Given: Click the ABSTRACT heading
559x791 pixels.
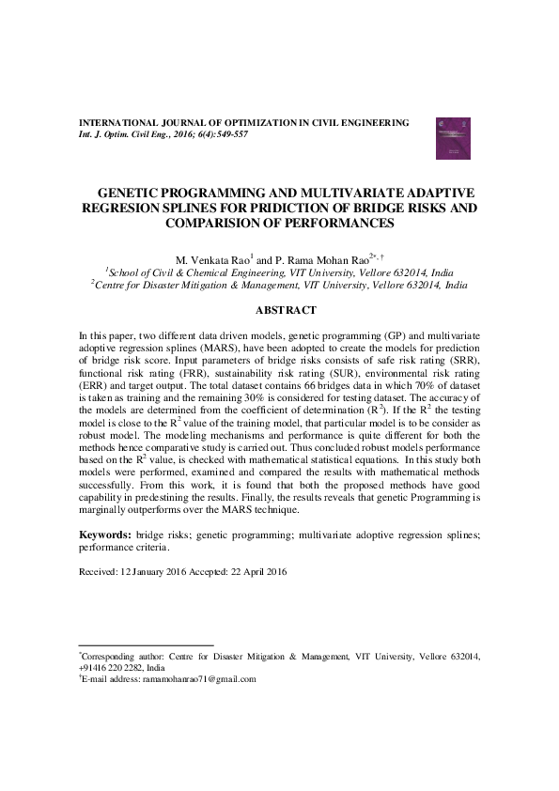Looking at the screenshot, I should tap(286, 310).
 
